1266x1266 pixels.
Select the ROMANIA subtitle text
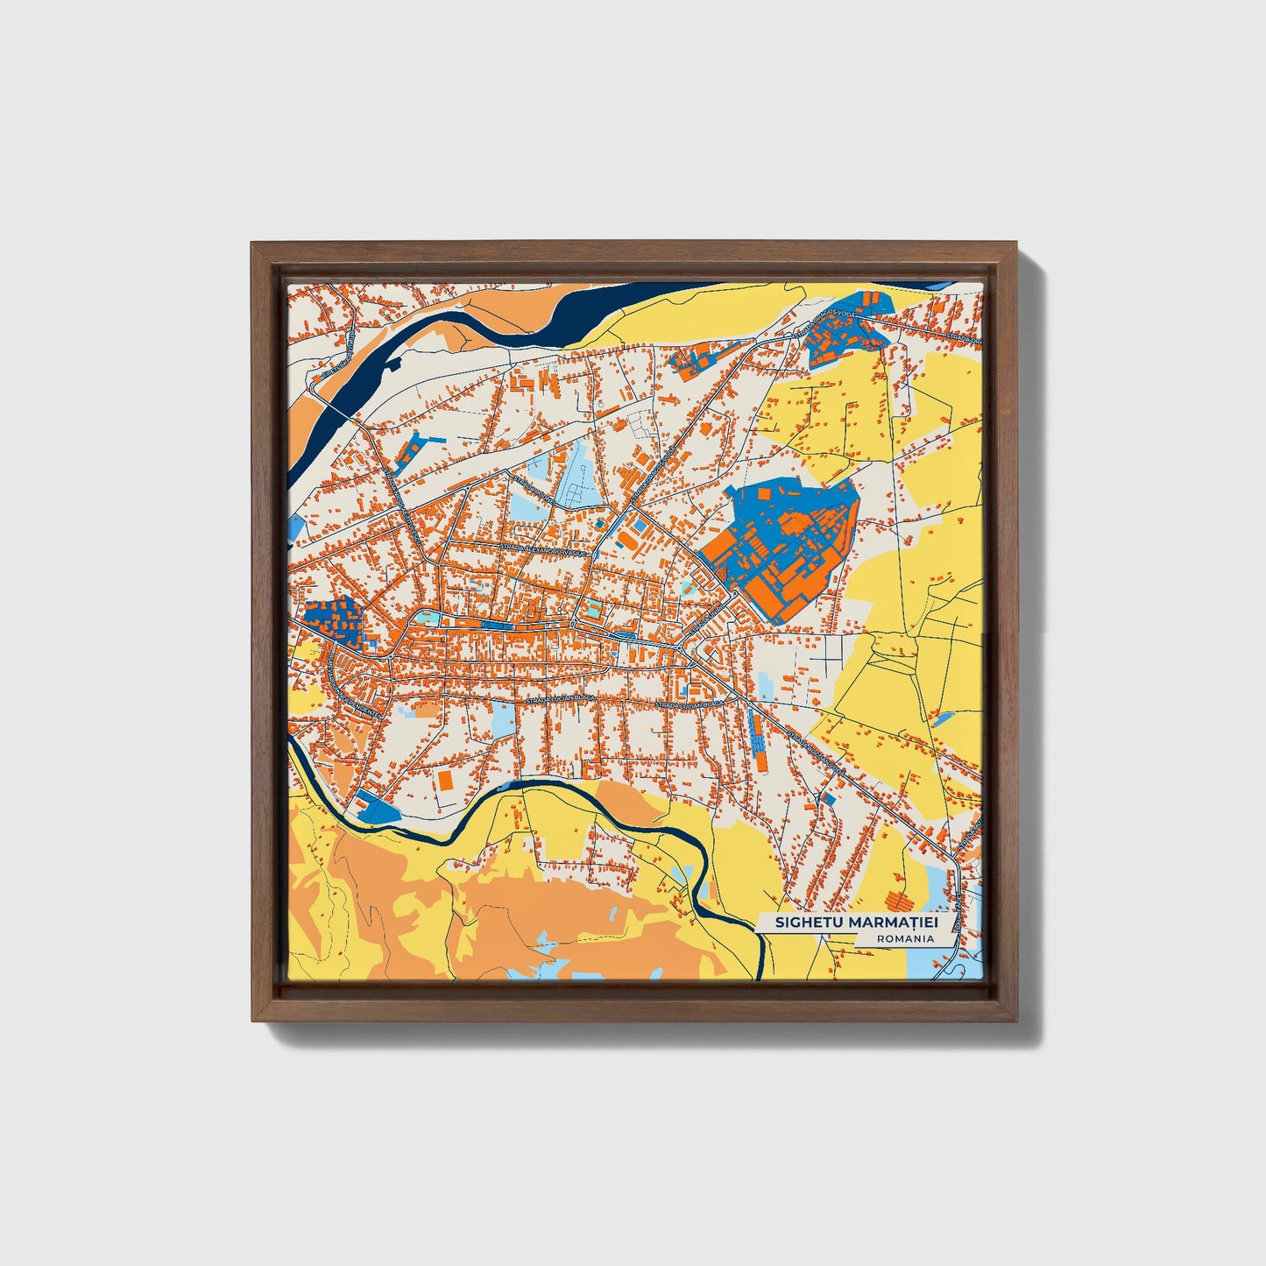tap(904, 938)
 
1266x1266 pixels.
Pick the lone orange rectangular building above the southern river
tap(445, 780)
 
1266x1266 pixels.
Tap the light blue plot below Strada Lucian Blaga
tap(503, 718)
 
